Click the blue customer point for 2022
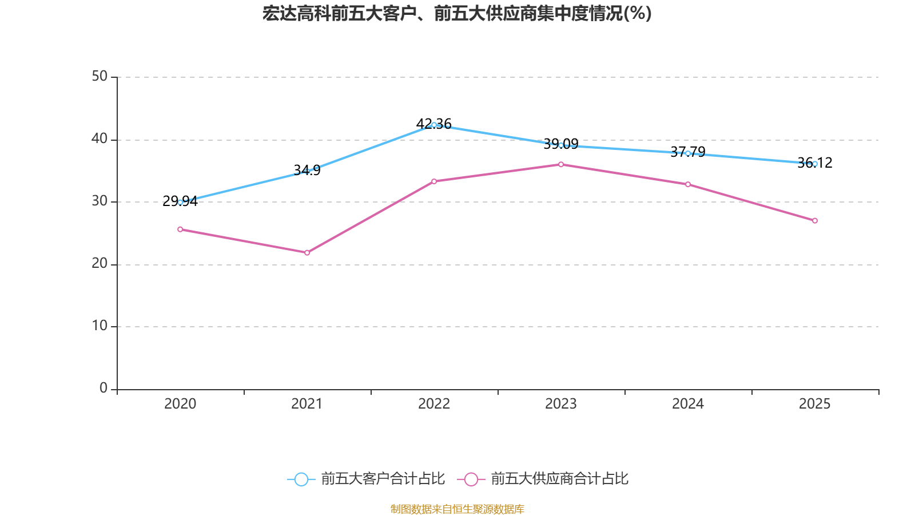click(434, 125)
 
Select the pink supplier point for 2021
click(307, 252)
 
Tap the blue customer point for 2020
click(180, 202)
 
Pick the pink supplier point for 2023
click(561, 164)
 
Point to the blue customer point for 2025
click(815, 164)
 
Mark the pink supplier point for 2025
click(815, 220)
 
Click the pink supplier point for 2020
click(180, 229)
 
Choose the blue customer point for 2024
click(688, 153)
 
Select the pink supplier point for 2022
click(434, 181)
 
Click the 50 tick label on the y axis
click(100, 76)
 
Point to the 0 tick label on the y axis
click(104, 388)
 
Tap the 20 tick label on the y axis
click(100, 263)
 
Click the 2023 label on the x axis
click(561, 404)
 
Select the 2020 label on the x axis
click(180, 404)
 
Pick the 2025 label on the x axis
click(815, 404)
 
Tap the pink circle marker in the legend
click(471, 480)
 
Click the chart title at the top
click(457, 13)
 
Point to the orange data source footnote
click(457, 509)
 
